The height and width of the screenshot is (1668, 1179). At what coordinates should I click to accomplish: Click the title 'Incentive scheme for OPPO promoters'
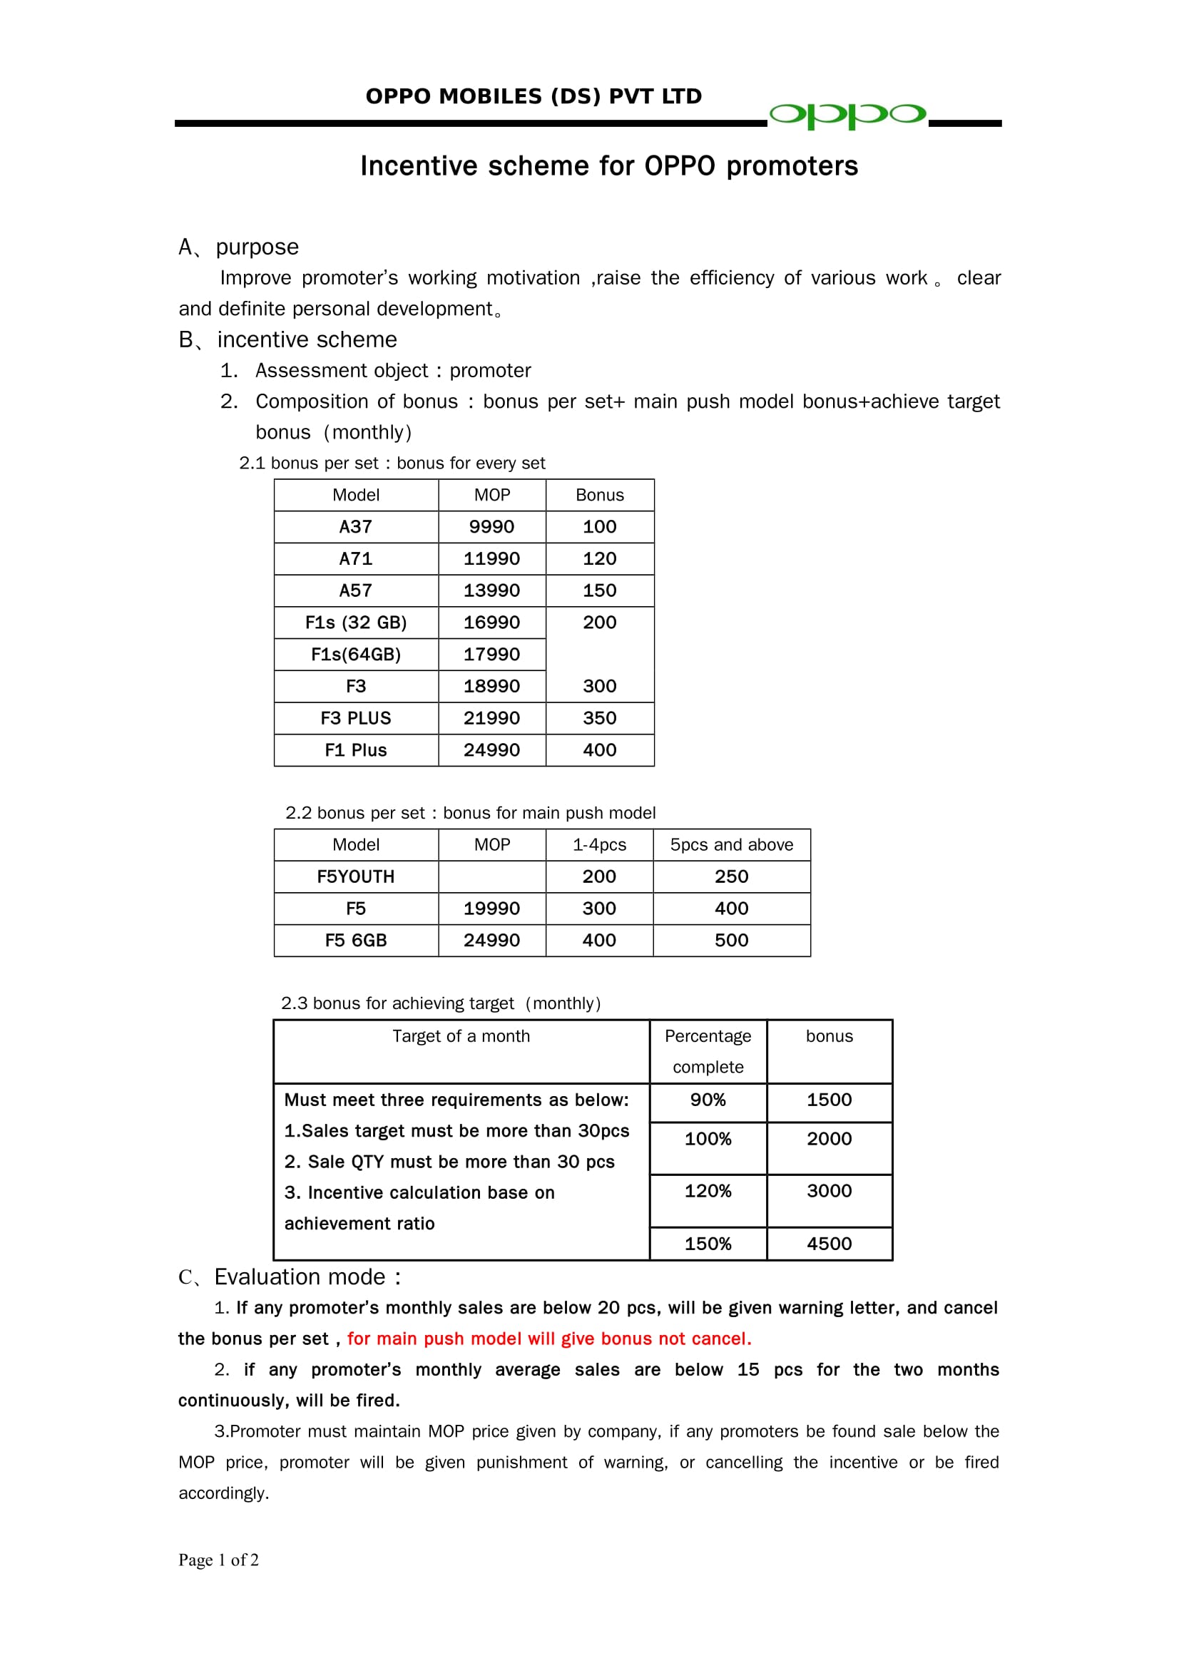tap(608, 166)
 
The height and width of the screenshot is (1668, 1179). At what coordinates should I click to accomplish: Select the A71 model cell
tap(355, 558)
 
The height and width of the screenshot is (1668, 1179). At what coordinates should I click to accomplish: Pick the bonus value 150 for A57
tap(599, 590)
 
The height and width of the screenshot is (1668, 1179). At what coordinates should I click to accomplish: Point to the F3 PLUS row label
tap(355, 719)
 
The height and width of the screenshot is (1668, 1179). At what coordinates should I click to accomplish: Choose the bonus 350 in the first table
tap(599, 719)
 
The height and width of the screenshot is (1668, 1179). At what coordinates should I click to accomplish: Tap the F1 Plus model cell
tap(355, 750)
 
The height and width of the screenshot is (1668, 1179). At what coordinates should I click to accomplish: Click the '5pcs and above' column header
tap(731, 845)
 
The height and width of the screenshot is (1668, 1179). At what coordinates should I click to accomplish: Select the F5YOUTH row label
tap(355, 877)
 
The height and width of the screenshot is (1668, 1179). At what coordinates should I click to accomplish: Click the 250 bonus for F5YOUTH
tap(731, 877)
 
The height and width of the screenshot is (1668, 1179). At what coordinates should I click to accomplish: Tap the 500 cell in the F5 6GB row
tap(731, 941)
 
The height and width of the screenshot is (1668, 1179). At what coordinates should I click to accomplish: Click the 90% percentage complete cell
tap(708, 1100)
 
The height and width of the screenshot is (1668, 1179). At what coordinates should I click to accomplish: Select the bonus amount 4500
tap(829, 1244)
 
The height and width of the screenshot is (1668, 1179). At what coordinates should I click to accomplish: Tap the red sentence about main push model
tap(548, 1339)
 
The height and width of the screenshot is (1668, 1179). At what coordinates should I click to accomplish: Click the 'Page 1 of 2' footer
tap(219, 1560)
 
